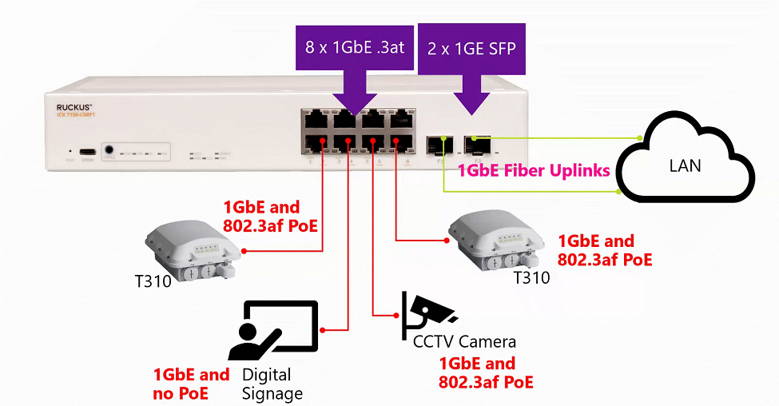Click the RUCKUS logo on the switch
pos(75,106)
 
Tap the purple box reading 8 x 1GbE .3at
pos(355,48)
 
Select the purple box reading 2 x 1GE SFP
pos(471,48)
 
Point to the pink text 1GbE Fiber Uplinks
pos(533,170)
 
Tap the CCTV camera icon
pos(429,314)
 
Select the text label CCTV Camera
pos(464,342)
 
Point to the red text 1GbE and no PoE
pos(191,384)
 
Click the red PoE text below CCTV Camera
pos(484,373)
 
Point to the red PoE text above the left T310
pos(269,216)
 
